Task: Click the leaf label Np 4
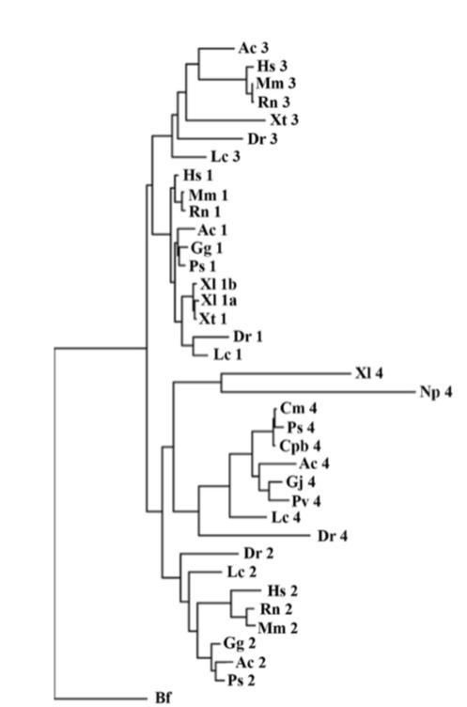coord(435,392)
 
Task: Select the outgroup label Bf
coord(163,698)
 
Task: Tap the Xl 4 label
coord(368,373)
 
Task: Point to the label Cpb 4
coord(301,446)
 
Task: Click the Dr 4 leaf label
coord(333,536)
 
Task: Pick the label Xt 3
coord(285,120)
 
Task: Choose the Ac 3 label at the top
coord(254,48)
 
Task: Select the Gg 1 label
coord(207,248)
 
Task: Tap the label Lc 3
coord(226,156)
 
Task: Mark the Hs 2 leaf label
coord(283,590)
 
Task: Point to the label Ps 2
coord(241,680)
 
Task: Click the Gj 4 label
coord(301,482)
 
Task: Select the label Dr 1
coord(248,337)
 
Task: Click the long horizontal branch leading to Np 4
coord(318,392)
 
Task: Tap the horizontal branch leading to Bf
coord(101,699)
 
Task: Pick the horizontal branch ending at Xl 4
coord(286,373)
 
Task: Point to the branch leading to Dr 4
coord(256,536)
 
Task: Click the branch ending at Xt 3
coord(226,120)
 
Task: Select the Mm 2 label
coord(278,627)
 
